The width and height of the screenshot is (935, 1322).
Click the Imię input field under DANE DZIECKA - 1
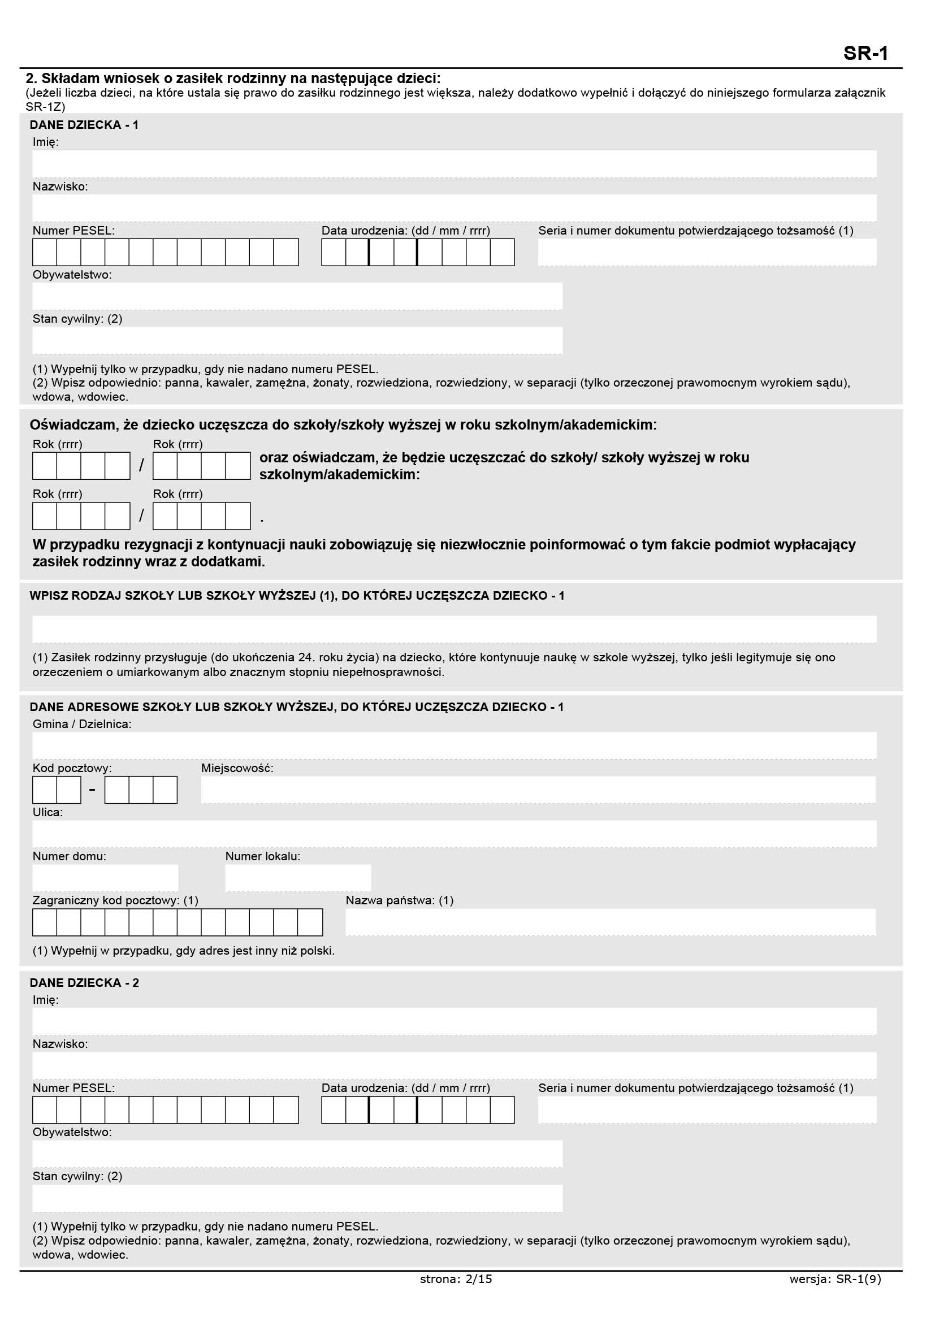(x=454, y=164)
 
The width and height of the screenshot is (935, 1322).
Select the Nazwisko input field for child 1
(x=454, y=208)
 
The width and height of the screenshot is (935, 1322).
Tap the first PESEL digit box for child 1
(x=45, y=252)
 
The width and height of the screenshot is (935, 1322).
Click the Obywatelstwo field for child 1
(x=297, y=296)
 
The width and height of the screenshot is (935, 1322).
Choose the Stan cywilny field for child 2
(x=297, y=1198)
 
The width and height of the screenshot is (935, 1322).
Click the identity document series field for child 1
(x=707, y=252)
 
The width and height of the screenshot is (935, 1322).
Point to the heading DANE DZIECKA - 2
(x=84, y=982)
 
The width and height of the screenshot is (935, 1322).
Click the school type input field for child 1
(x=454, y=629)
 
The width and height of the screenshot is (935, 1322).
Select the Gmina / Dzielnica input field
(x=454, y=745)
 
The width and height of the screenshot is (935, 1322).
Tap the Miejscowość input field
(x=538, y=790)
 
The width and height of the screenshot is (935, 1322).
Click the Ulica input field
(x=454, y=834)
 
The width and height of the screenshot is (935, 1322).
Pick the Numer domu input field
(x=105, y=878)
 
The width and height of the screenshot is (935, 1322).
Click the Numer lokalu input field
(x=298, y=878)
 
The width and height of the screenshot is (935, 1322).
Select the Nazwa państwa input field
(x=610, y=922)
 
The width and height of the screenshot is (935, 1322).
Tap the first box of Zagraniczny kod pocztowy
(x=45, y=922)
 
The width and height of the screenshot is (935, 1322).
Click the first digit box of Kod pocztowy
(x=45, y=790)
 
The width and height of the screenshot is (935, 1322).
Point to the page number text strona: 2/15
(x=456, y=1279)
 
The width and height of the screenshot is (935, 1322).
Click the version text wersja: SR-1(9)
(x=835, y=1279)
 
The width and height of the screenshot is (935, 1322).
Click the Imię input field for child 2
(x=454, y=1021)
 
